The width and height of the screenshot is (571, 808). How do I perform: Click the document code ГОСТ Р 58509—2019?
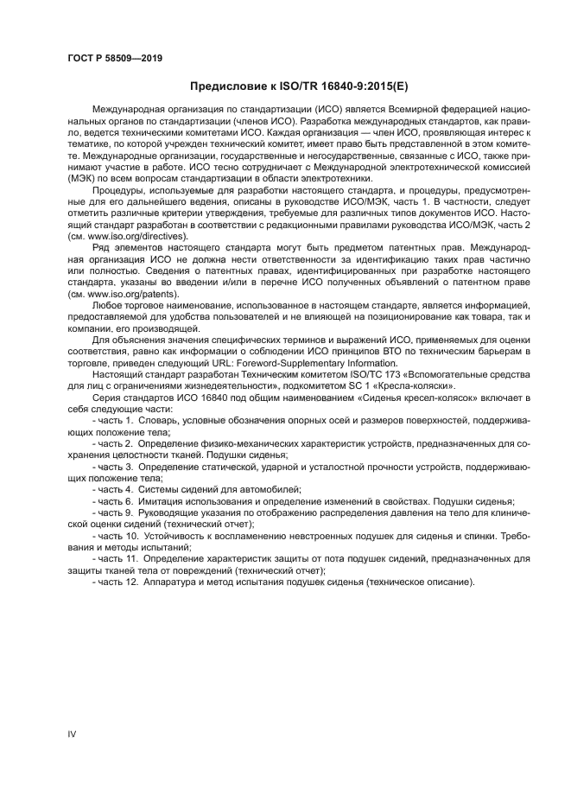coord(114,58)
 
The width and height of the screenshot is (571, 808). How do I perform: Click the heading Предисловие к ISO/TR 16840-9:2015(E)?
coord(292,86)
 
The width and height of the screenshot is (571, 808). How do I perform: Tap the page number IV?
coord(73,734)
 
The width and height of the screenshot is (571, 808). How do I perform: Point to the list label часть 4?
coord(114,489)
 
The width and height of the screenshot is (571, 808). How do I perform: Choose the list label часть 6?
coord(114,501)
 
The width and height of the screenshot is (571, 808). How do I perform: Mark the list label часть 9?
coord(114,512)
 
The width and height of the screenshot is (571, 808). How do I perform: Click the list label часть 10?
coord(117,536)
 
